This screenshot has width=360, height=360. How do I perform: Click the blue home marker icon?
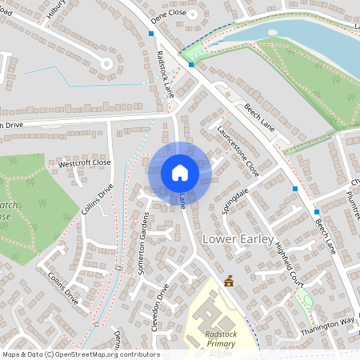(179, 173)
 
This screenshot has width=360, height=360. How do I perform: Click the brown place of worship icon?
(230, 281)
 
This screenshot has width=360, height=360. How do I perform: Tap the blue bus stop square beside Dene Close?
(151, 34)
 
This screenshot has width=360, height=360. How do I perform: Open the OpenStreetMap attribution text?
(80, 354)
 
